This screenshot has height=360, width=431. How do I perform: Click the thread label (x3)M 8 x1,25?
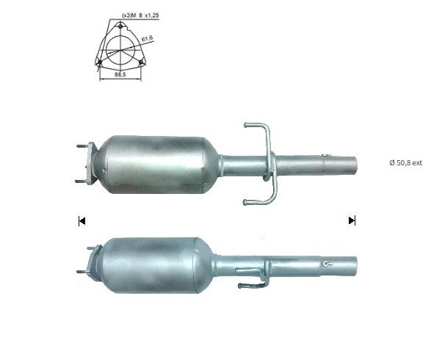click(x=140, y=15)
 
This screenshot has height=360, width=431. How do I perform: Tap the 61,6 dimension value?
click(x=148, y=39)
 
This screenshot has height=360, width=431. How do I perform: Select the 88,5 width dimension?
click(x=120, y=74)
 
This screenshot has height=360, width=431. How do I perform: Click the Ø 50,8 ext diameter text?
click(x=405, y=162)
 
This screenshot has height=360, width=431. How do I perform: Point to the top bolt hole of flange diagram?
click(x=120, y=26)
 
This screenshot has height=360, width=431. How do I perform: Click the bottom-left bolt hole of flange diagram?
click(x=100, y=62)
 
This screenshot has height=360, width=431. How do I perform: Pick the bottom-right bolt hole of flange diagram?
click(x=141, y=62)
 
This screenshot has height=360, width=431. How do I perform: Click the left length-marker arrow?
click(x=82, y=220)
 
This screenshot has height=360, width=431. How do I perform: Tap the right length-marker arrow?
click(x=352, y=220)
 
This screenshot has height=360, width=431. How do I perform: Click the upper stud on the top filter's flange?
click(x=82, y=146)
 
